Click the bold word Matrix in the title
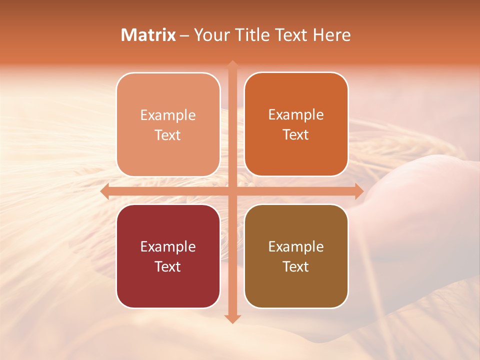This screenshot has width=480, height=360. pyautogui.click(x=148, y=35)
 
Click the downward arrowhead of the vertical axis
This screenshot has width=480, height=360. pyautogui.click(x=232, y=318)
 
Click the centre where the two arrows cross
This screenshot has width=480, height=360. pyautogui.click(x=232, y=191)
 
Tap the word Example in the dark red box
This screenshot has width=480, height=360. pyautogui.click(x=168, y=246)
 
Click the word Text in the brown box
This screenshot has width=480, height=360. pyautogui.click(x=296, y=266)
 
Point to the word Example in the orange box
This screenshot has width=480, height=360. pyautogui.click(x=296, y=114)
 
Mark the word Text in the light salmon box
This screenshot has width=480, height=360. pyautogui.click(x=168, y=135)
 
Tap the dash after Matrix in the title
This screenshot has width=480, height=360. pyautogui.click(x=184, y=35)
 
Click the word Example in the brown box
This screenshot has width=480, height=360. pyautogui.click(x=296, y=246)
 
